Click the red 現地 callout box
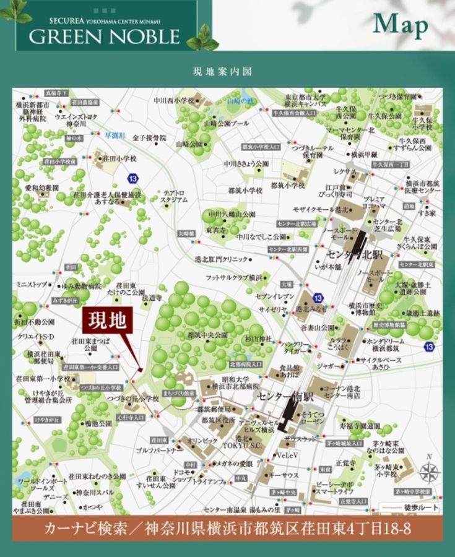pyautogui.click(x=108, y=321)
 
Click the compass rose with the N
pyautogui.click(x=428, y=472)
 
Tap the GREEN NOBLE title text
pyautogui.click(x=103, y=36)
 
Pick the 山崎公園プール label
pyautogui.click(x=226, y=123)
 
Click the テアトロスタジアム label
pyautogui.click(x=173, y=197)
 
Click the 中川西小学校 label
pyautogui.click(x=174, y=99)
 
